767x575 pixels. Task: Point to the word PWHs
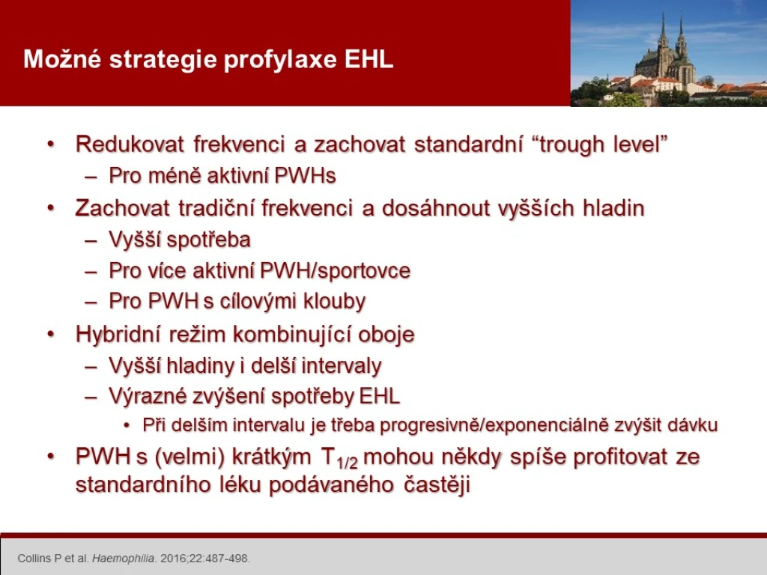306,175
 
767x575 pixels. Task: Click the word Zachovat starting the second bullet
122,208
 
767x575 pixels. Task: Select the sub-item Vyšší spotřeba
180,240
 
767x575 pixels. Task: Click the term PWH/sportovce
335,271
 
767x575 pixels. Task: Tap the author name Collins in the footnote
34,559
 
